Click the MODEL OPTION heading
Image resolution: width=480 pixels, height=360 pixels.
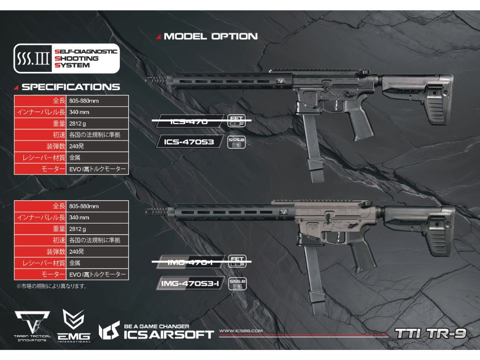210,36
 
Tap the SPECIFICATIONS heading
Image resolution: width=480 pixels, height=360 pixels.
70,87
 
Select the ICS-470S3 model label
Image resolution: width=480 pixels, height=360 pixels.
189,142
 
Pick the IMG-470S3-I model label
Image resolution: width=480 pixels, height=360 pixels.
189,284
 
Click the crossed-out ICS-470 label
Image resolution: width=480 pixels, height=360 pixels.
189,122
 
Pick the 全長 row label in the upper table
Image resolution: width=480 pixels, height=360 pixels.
40,101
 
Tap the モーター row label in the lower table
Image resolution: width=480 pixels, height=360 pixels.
40,275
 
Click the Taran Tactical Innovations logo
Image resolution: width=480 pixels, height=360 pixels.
32,325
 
